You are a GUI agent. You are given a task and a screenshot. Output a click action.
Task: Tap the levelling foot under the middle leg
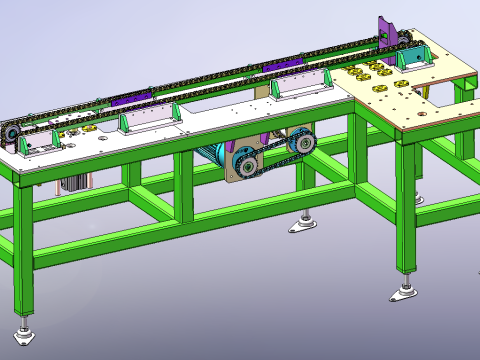coord(303,224)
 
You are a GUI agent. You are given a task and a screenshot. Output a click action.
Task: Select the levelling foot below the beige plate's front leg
coord(403,293)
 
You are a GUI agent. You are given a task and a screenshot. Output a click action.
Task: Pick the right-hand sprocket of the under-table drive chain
coord(299,144)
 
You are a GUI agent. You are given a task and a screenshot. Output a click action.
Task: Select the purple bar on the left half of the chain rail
coord(130,98)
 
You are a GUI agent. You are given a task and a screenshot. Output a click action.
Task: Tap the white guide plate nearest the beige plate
coord(300,87)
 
